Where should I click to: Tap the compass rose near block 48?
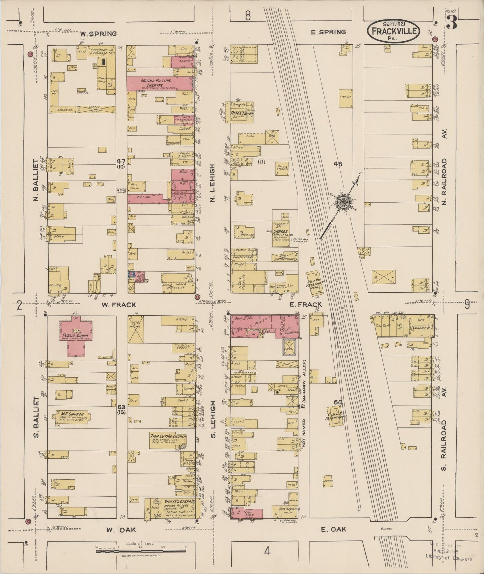click(x=344, y=202)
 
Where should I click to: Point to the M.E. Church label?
click(x=69, y=414)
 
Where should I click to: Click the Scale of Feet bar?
click(x=141, y=551)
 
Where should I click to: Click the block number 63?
click(x=121, y=406)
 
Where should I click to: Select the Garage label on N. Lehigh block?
click(x=280, y=231)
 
